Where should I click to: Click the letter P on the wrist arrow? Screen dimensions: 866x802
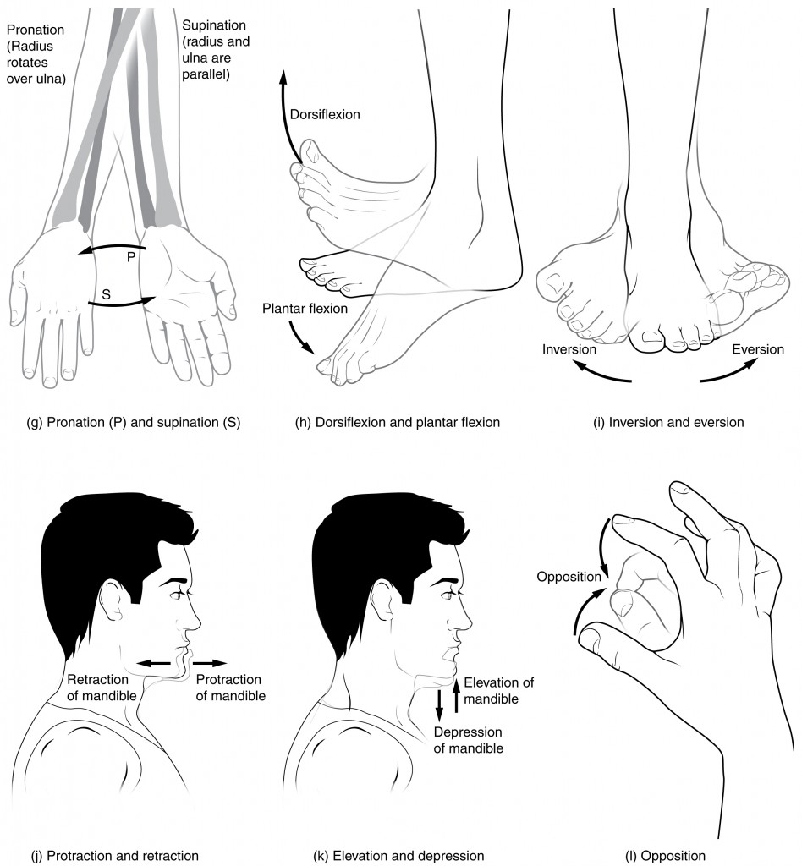pos(132,257)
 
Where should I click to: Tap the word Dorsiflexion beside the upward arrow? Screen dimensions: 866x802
pos(324,112)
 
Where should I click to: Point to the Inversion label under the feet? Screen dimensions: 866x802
pos(569,348)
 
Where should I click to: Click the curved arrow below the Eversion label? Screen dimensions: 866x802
pos(728,372)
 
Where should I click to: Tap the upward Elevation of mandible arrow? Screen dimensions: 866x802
pos(455,697)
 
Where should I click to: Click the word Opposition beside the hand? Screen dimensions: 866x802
pos(568,578)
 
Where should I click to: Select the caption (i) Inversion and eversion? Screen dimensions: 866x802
pos(668,423)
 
